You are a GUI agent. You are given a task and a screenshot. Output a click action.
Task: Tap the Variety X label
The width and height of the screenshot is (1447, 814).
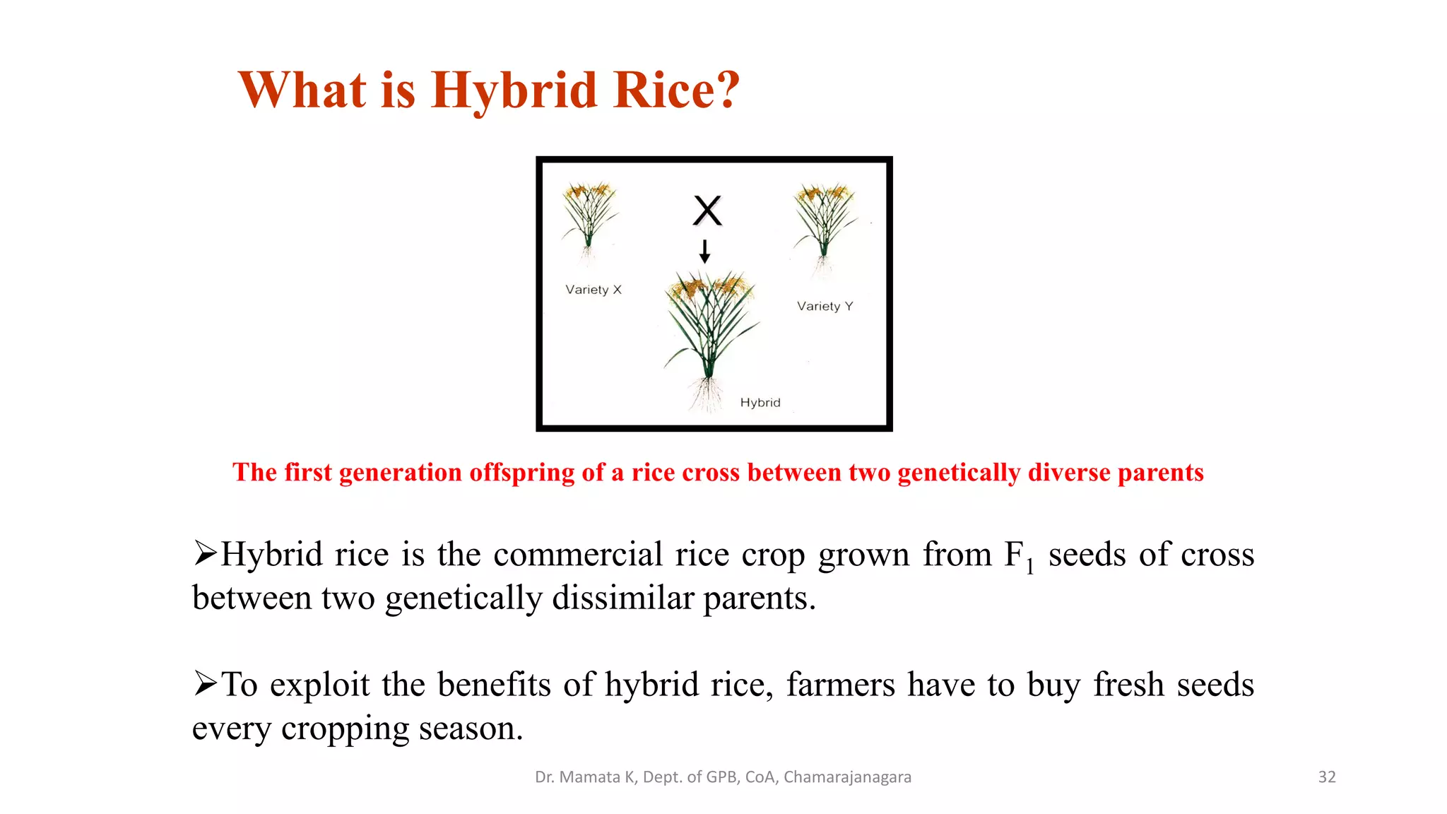[x=593, y=290]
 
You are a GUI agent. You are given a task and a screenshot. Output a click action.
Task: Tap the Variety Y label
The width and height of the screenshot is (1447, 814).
[x=825, y=306]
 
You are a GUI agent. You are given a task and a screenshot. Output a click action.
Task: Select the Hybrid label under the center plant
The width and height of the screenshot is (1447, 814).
[x=760, y=403]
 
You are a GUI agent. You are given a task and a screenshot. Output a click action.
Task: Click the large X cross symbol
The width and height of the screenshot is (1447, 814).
[x=707, y=211]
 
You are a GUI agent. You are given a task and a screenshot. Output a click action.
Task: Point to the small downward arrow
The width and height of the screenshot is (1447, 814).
[x=704, y=251]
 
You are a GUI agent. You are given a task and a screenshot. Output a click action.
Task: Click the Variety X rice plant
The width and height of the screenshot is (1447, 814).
[x=589, y=219]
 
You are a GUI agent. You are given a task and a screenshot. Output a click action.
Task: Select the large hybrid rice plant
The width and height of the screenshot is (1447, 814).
[x=709, y=325]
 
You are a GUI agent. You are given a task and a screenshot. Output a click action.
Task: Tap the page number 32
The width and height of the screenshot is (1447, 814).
[x=1327, y=777]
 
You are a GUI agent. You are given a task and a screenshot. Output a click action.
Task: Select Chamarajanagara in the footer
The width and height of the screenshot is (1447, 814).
[x=847, y=777]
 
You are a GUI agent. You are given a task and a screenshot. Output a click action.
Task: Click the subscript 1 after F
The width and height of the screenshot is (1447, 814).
[x=1030, y=566]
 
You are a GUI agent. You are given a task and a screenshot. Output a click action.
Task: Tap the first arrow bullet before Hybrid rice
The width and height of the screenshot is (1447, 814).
[x=206, y=553]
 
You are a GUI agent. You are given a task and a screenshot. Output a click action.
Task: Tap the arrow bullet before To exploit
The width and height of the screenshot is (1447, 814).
[x=206, y=683]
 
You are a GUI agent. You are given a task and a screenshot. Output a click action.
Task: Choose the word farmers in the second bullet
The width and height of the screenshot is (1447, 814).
[x=840, y=684]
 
